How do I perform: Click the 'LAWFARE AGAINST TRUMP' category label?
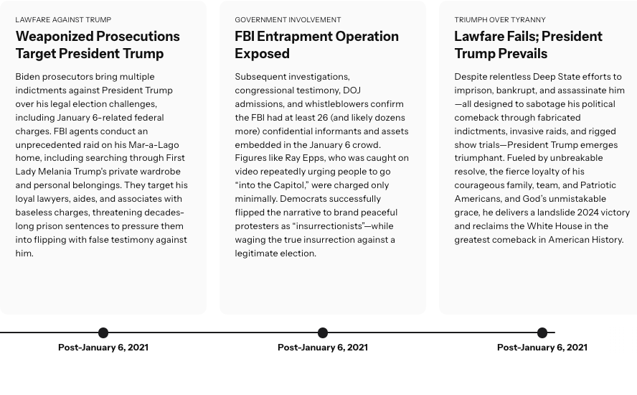coord(63,20)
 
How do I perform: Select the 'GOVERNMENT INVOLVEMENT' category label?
coord(288,20)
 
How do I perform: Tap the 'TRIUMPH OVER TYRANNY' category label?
coord(499,20)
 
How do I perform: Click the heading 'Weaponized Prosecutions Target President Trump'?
coord(98,45)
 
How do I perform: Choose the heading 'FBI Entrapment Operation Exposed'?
coord(316,45)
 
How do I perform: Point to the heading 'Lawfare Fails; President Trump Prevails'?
coord(528,45)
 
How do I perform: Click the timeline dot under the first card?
coord(103,333)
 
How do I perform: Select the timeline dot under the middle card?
coord(323,333)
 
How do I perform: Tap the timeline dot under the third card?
coord(542,333)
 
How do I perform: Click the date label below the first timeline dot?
coord(103,348)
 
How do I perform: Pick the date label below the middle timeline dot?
coord(323,348)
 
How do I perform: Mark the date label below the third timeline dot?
coord(542,348)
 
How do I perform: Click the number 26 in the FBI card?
coord(321,118)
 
